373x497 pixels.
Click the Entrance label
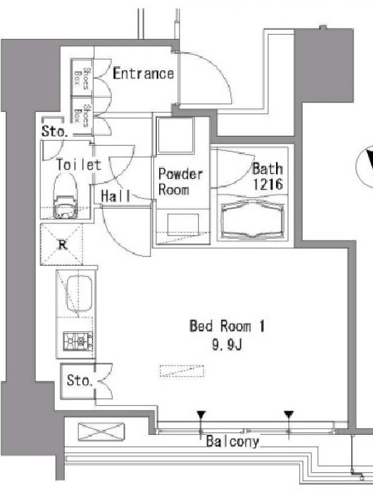point(144,73)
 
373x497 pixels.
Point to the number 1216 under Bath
point(267,184)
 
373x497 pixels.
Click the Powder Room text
point(180,181)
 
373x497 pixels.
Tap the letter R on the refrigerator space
point(63,244)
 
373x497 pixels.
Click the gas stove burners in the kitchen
point(78,341)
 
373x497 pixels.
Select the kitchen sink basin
point(79,294)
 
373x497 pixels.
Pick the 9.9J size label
point(227,345)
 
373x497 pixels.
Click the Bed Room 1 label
point(227,326)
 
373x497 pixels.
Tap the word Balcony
point(233,442)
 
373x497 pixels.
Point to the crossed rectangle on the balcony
point(101,431)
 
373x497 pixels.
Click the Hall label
point(116,196)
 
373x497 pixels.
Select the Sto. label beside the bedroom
point(80,380)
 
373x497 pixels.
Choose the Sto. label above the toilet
point(55,131)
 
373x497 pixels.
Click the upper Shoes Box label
point(81,78)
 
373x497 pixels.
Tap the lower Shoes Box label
point(81,116)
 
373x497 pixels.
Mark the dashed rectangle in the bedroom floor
point(182,371)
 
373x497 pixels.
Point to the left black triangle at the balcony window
point(201,414)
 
